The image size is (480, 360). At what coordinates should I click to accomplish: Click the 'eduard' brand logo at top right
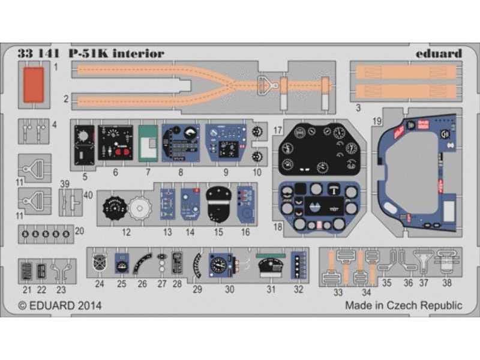click(x=438, y=53)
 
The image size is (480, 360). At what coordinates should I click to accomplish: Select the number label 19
click(x=376, y=121)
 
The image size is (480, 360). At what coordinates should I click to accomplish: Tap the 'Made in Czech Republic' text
click(x=403, y=305)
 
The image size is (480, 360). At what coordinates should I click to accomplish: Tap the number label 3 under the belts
click(x=358, y=109)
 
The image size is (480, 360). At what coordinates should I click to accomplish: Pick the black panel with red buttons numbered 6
click(x=116, y=144)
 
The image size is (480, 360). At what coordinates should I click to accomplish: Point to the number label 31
click(x=271, y=289)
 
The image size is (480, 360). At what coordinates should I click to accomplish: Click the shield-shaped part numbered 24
click(x=100, y=262)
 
